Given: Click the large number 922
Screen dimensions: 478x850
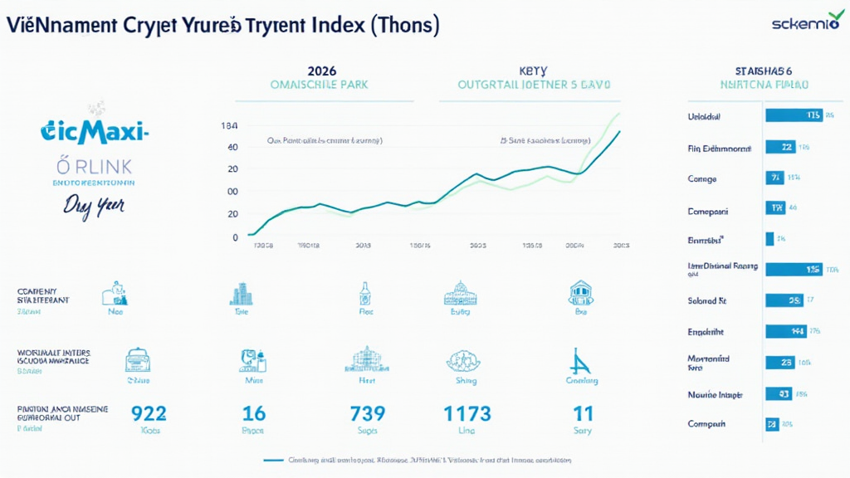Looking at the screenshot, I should point(149,412).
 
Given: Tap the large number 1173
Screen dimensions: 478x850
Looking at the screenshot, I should point(467,412).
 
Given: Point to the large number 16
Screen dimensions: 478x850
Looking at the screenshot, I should point(252,412).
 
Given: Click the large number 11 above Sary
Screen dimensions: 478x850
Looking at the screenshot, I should point(582,412).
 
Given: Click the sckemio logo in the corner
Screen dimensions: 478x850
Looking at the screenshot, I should point(804,24).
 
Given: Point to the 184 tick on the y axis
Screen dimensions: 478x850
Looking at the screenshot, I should point(229,126).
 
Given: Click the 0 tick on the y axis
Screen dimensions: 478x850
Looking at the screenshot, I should point(235,237).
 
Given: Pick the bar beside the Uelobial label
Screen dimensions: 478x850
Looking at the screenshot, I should point(793,115).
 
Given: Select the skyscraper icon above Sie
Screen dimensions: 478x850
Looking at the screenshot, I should point(241,294).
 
